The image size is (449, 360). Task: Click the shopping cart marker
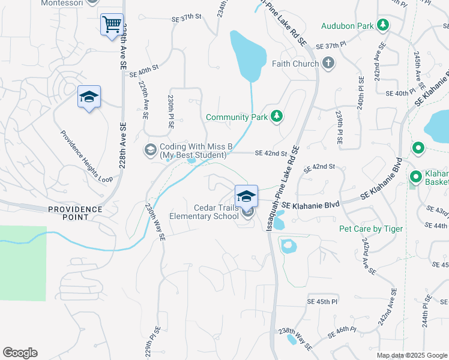coord(112,25)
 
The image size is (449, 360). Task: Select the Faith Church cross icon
coord(328,63)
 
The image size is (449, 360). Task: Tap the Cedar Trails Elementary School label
coord(205,212)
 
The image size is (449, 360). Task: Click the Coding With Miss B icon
coord(150,149)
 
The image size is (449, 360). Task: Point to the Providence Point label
coord(75,212)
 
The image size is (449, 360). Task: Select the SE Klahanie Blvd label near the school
coord(310,205)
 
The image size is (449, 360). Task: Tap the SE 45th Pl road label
coord(322,301)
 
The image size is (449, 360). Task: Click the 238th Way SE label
coord(295,338)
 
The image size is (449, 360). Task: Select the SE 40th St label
coord(143,70)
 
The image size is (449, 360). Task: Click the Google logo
coord(20,353)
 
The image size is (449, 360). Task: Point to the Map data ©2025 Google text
coord(412,355)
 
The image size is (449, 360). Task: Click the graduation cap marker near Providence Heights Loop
coord(89,98)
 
